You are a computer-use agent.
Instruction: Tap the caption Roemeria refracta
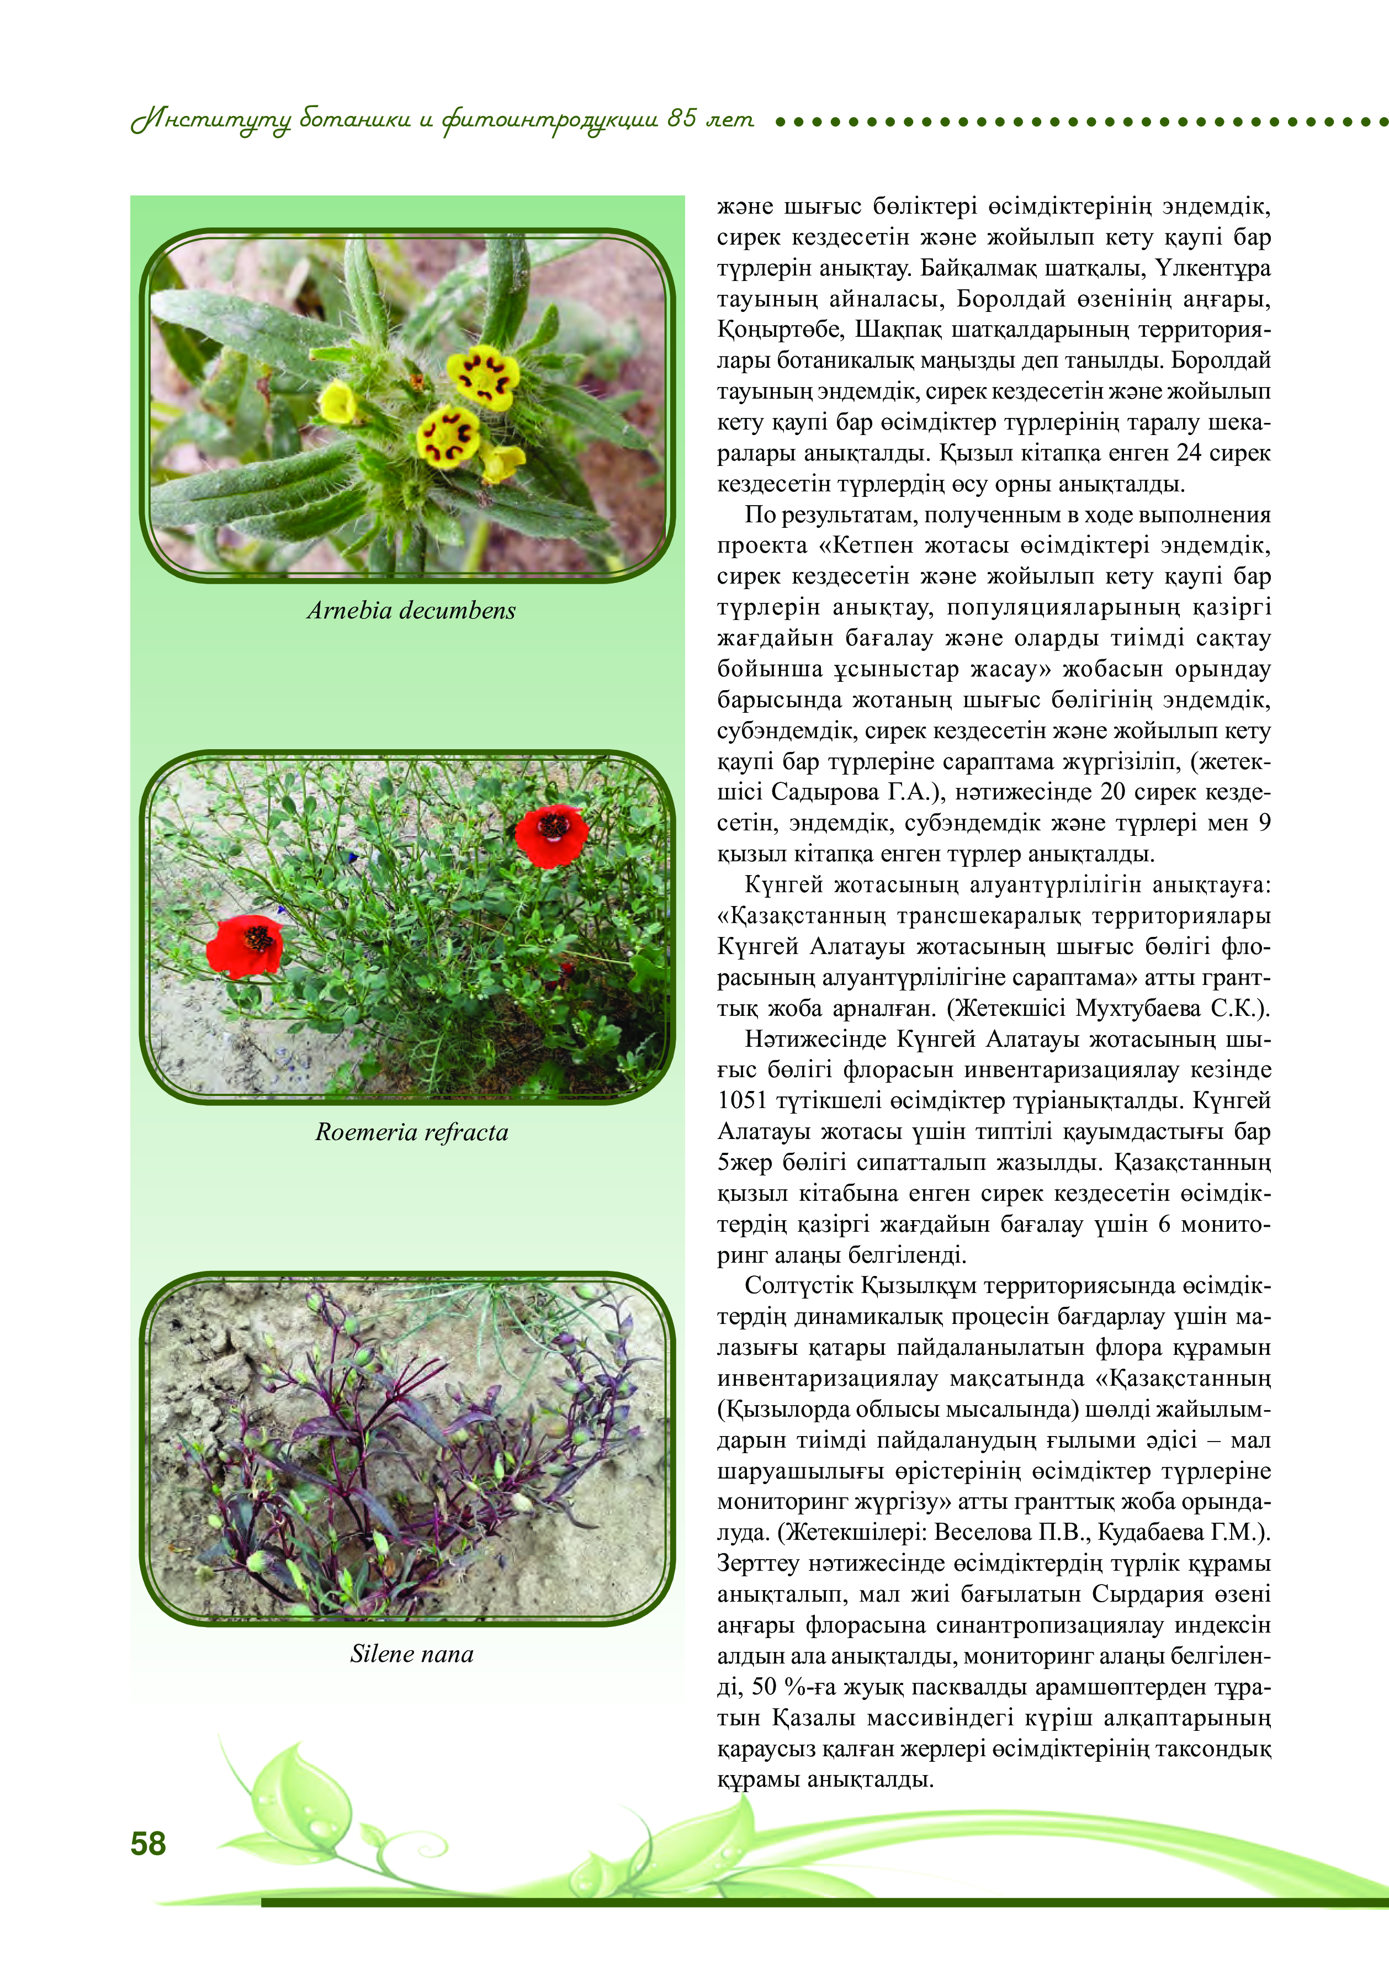[x=411, y=1132]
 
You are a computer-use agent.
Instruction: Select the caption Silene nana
[x=411, y=1653]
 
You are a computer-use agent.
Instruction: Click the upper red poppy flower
[x=552, y=835]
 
